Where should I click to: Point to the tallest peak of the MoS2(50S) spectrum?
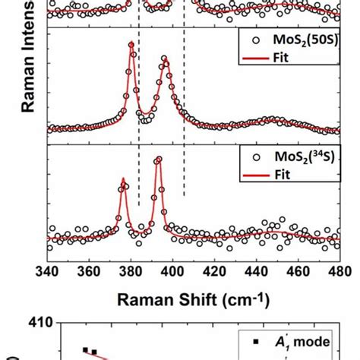pos(131,44)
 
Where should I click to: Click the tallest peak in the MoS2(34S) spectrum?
pos(158,160)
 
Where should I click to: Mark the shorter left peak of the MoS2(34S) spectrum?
pos(122,181)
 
